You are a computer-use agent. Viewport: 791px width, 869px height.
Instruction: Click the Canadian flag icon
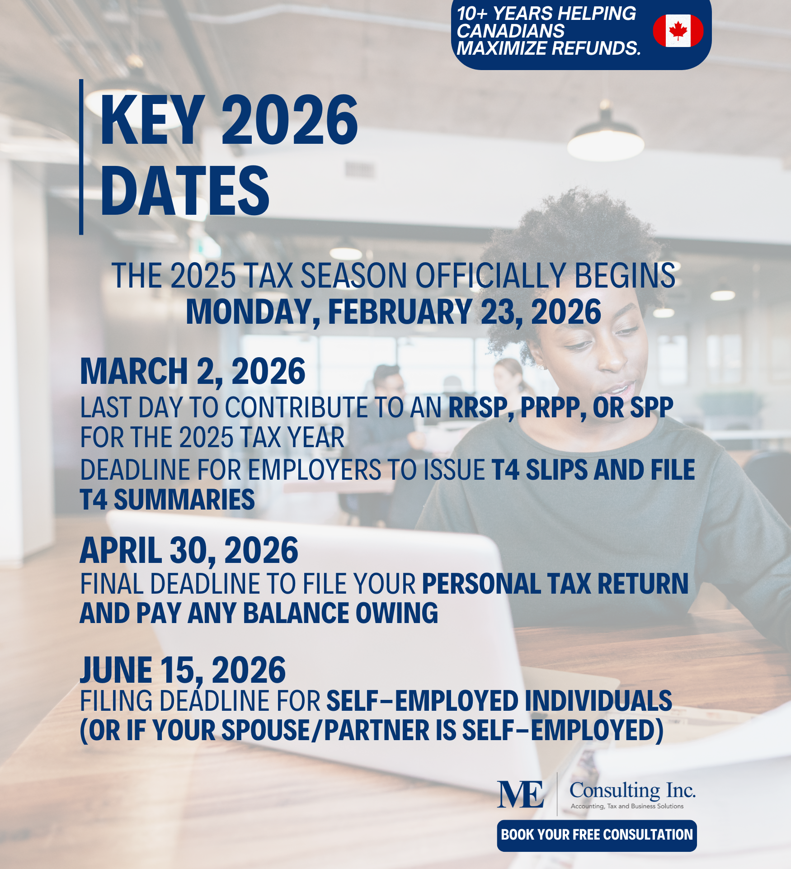tap(678, 31)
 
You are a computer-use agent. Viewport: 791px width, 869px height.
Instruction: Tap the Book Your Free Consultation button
tap(597, 835)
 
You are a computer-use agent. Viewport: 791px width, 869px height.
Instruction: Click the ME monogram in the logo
tap(520, 794)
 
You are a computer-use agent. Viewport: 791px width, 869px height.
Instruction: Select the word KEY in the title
tap(153, 121)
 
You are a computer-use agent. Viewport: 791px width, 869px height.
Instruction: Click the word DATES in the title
tap(184, 191)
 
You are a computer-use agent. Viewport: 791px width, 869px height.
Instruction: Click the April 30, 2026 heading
tap(189, 551)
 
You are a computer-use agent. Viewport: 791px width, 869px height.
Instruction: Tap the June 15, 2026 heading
tap(183, 670)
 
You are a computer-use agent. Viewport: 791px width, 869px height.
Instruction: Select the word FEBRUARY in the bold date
tap(400, 312)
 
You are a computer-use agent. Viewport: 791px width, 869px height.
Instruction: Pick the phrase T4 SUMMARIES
tap(167, 500)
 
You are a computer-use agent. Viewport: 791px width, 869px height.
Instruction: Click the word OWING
tap(396, 614)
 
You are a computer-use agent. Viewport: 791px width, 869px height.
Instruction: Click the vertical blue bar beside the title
tap(81, 157)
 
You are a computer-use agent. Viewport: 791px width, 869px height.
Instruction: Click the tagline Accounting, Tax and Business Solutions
tap(627, 806)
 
